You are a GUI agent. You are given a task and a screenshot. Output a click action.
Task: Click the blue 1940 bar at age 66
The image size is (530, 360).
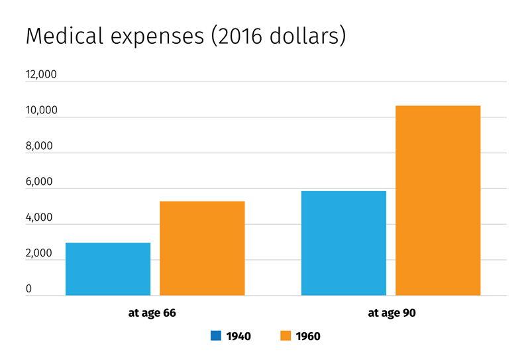point(108,269)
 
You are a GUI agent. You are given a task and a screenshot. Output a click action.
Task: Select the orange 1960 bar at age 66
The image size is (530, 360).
point(202,248)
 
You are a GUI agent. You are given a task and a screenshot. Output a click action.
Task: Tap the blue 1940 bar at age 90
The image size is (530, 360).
point(343,243)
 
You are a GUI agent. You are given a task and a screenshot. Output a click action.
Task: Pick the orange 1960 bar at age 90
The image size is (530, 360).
point(438,200)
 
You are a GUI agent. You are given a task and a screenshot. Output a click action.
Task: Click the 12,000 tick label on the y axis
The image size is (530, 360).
point(41,75)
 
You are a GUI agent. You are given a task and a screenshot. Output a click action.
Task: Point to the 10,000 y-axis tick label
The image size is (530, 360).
point(41,111)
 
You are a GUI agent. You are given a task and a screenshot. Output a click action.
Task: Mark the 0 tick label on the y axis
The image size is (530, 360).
point(29,289)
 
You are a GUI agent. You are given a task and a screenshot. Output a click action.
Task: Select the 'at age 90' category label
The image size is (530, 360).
point(391,312)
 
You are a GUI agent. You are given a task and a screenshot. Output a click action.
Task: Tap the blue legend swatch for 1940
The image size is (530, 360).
point(216,335)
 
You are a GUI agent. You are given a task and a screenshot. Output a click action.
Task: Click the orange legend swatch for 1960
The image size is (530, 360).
point(286,335)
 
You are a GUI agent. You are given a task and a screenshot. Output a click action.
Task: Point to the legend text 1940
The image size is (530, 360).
point(238,336)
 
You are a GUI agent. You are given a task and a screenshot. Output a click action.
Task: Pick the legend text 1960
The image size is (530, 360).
point(308,336)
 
